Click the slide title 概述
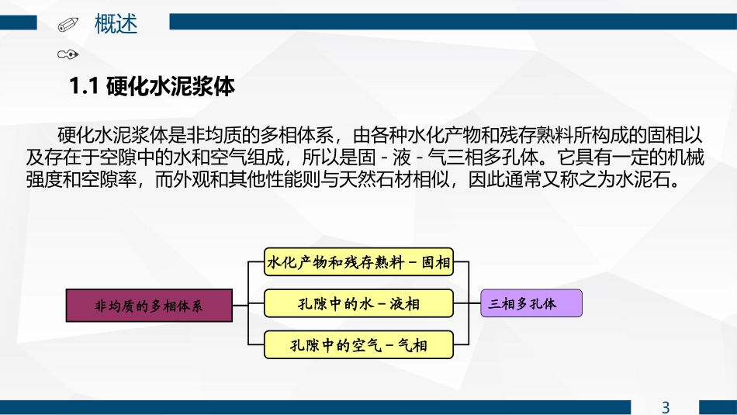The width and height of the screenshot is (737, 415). point(116,24)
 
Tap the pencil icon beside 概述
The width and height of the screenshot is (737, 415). point(68,25)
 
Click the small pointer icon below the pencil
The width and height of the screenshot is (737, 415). point(68,54)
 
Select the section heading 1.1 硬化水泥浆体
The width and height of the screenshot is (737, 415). point(152,85)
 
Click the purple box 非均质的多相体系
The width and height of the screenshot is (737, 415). point(149,305)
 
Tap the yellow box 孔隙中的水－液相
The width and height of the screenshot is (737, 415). point(358,303)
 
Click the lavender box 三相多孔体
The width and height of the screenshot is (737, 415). point(531,303)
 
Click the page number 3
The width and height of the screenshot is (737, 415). point(665,406)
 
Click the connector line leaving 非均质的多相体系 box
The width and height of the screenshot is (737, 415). point(240,305)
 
